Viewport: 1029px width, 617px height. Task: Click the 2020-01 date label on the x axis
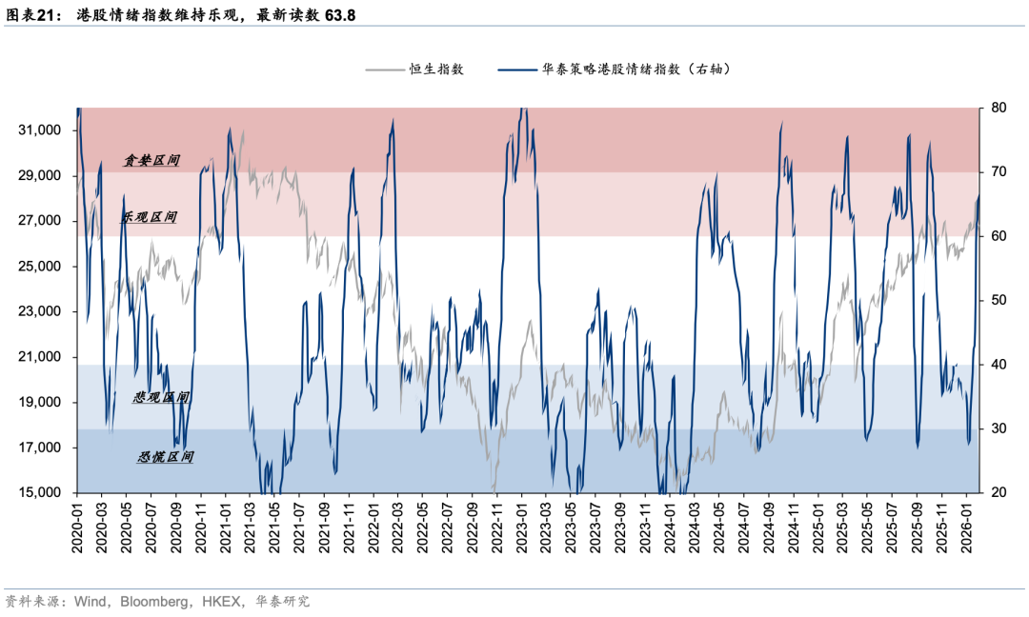coord(78,529)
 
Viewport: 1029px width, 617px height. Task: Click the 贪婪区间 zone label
coord(151,161)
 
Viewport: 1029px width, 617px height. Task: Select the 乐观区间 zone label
coord(149,217)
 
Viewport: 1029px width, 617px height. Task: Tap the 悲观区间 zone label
coord(161,397)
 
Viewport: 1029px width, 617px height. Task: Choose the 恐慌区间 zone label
coord(166,457)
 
